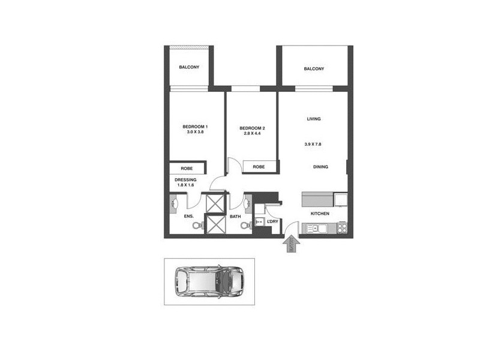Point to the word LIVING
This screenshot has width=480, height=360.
314,119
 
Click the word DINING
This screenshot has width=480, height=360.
320,167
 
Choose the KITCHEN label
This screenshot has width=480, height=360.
320,214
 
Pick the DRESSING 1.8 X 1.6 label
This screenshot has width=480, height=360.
186,182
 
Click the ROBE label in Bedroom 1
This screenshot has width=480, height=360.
187,169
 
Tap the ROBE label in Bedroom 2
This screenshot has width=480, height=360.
259,167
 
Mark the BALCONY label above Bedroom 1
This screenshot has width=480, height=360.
189,67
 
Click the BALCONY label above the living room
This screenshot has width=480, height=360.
314,69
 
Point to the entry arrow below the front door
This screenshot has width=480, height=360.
291,244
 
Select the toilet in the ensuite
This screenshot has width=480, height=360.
196,226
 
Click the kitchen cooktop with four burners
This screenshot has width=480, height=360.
342,227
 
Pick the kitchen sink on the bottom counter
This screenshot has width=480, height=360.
317,227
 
